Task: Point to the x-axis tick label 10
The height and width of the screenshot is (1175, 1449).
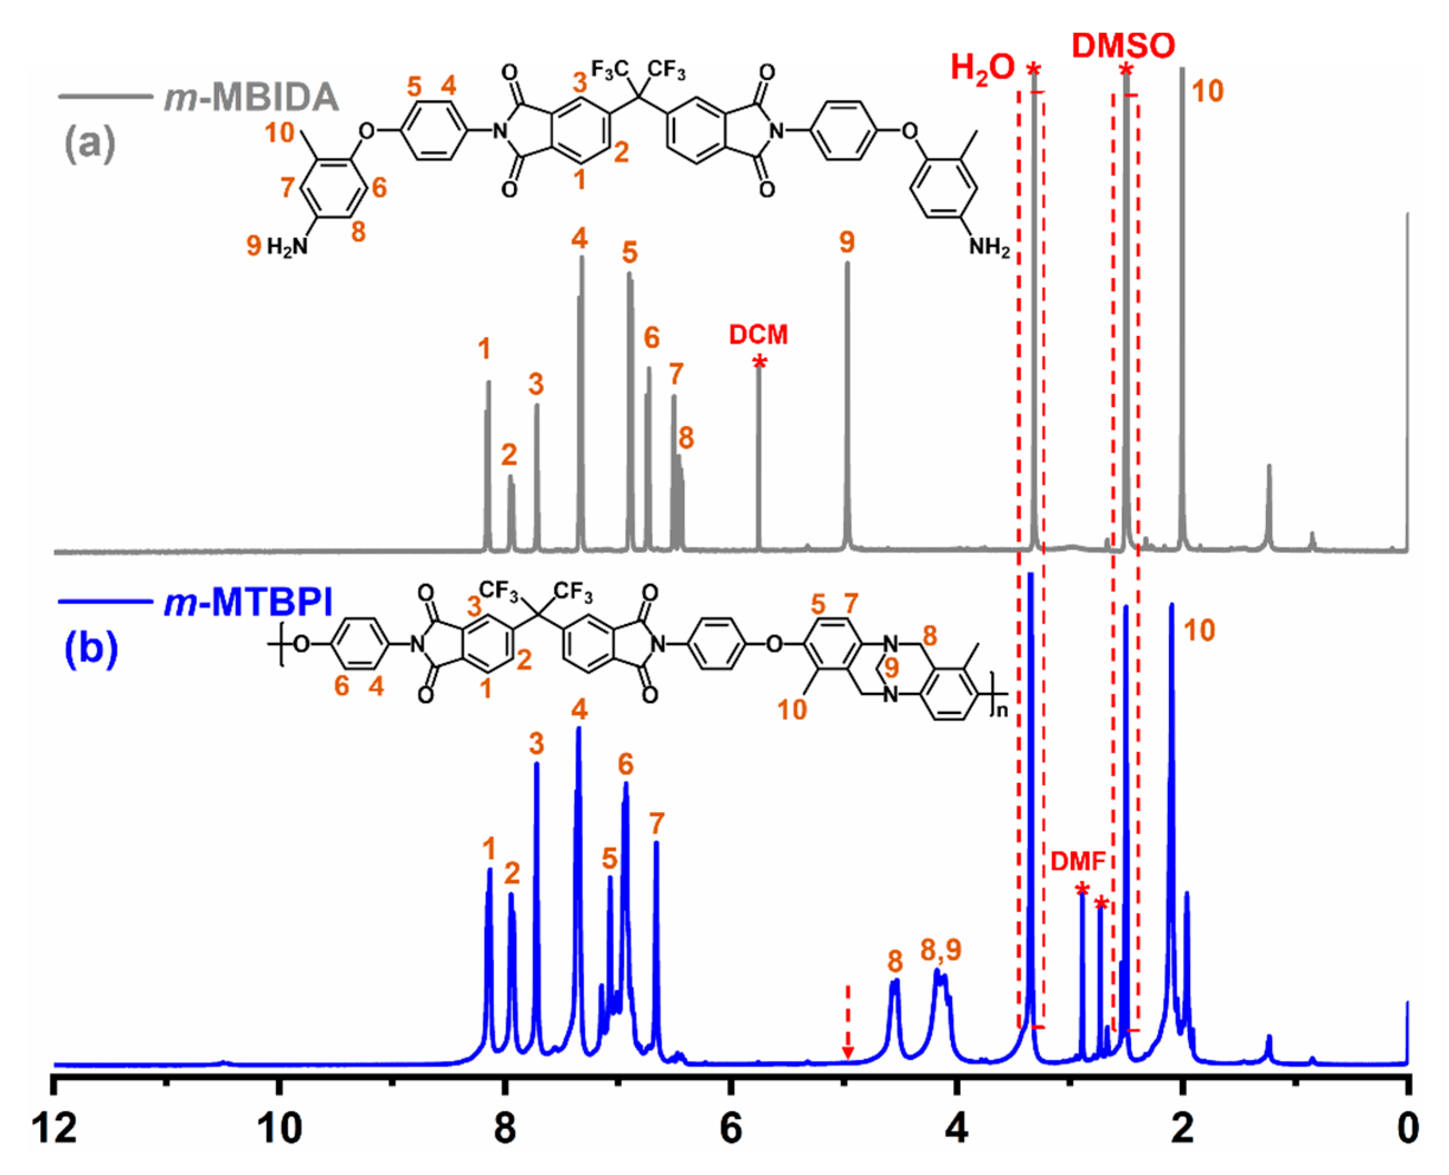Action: coord(279,1129)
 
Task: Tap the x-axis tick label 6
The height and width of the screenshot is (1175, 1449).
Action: coord(730,1129)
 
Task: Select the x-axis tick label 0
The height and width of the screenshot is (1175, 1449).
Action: coord(1408,1129)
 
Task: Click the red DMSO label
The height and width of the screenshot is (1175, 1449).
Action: coord(1123,46)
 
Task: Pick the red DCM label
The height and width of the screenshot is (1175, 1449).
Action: coord(758,334)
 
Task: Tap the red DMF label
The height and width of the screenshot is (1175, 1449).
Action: coord(1078,861)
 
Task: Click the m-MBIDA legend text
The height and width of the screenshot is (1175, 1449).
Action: coord(251,97)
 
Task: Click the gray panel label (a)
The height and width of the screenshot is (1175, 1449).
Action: coord(89,143)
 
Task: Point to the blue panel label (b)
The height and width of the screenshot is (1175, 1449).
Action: coord(91,648)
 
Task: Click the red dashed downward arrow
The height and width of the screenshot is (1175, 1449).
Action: coord(847,1022)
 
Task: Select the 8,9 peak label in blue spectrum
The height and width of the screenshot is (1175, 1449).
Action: coord(941,950)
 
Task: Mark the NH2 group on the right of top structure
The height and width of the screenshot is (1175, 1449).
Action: coord(989,247)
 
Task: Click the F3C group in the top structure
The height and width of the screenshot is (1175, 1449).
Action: coord(610,70)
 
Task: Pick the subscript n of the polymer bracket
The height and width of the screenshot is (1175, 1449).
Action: coord(1002,710)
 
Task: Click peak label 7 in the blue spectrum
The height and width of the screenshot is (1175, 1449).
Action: coord(656,824)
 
